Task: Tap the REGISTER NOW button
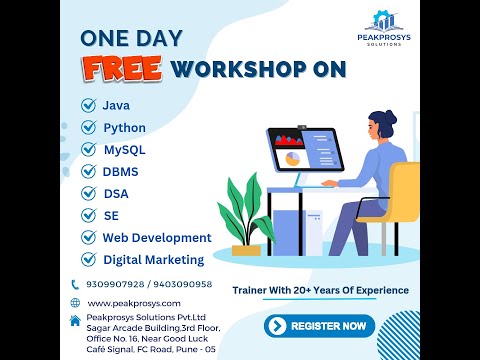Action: click(x=320, y=326)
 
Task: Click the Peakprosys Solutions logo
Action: click(x=384, y=25)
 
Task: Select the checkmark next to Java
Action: click(x=87, y=105)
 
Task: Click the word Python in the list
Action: click(x=124, y=128)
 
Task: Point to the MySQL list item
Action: click(x=124, y=150)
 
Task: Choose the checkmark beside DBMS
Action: click(x=87, y=172)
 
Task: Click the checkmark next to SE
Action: click(x=87, y=215)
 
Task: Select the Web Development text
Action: click(x=156, y=238)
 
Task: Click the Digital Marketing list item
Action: click(x=153, y=260)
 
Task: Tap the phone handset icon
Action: click(x=75, y=285)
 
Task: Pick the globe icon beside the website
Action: click(x=75, y=303)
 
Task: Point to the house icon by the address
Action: click(x=75, y=320)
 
